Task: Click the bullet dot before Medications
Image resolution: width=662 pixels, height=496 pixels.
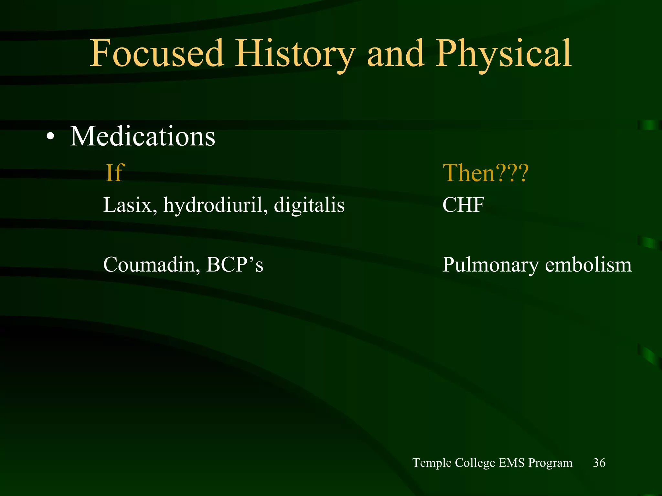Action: pos(50,137)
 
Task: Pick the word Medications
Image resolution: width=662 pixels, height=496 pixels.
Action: pos(143,136)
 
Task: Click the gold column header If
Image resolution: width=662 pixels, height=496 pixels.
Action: pos(115,173)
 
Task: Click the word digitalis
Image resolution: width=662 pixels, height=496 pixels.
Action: pos(309,205)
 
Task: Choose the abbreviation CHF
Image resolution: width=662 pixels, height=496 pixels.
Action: pos(463,205)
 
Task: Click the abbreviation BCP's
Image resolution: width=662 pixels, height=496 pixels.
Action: pos(235,264)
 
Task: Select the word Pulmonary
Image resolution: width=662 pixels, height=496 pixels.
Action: pos(490,265)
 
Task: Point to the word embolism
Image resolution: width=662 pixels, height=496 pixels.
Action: pos(588,264)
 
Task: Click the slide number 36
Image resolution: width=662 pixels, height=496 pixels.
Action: pos(599,463)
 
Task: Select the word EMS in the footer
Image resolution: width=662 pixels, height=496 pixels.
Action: pos(511,463)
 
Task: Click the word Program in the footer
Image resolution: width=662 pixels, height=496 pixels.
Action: pos(550,463)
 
